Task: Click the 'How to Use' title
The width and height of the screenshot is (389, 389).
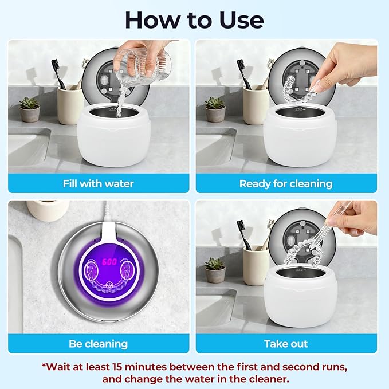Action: [x=194, y=19]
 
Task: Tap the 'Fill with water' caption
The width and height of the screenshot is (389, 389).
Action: [x=98, y=184]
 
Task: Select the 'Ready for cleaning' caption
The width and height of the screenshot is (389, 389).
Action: [x=286, y=184]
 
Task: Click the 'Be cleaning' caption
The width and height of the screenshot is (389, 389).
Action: [x=98, y=344]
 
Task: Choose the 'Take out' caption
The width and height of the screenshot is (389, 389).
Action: [x=286, y=344]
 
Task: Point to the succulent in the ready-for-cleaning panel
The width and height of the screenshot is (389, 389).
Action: [x=215, y=107]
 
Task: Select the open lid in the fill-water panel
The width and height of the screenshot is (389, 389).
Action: [x=115, y=80]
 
